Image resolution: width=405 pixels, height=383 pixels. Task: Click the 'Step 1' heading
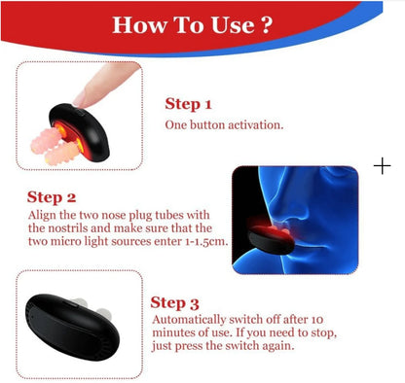point(188,104)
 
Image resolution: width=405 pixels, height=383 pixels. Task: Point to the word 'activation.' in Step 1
point(255,125)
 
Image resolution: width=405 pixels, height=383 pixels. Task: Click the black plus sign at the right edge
point(382,166)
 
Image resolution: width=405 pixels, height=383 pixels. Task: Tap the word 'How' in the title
point(139,23)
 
